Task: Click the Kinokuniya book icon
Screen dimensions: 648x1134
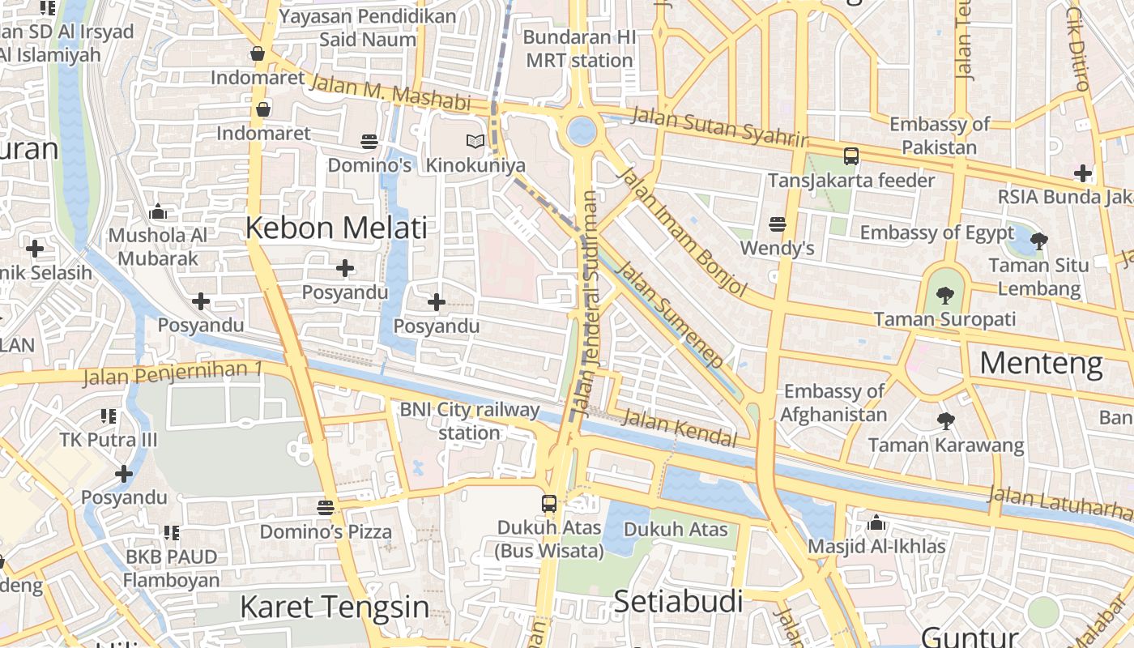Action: click(475, 142)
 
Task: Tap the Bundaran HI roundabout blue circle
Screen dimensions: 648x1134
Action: click(582, 130)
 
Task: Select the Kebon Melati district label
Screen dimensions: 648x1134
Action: click(336, 228)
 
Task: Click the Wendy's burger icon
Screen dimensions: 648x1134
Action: click(778, 224)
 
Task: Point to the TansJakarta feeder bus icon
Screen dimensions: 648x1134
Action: click(851, 156)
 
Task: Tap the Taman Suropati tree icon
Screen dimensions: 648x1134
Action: click(944, 295)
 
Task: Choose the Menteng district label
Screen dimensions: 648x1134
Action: click(1041, 364)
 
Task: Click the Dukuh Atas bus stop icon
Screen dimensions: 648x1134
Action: click(549, 503)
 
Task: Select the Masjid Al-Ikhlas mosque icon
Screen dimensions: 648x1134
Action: click(876, 522)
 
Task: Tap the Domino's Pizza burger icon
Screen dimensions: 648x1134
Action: click(326, 508)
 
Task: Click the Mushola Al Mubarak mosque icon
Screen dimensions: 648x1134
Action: click(158, 211)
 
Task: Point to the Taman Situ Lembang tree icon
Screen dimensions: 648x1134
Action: click(1038, 241)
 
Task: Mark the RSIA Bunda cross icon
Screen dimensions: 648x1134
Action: click(1083, 173)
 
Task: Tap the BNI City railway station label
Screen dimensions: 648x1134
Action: click(470, 420)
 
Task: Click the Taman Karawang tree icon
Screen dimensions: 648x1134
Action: click(944, 420)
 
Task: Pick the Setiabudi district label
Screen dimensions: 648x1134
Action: click(677, 602)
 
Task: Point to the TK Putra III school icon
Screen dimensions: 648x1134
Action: click(109, 416)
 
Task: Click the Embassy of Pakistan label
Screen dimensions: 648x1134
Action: click(940, 135)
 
